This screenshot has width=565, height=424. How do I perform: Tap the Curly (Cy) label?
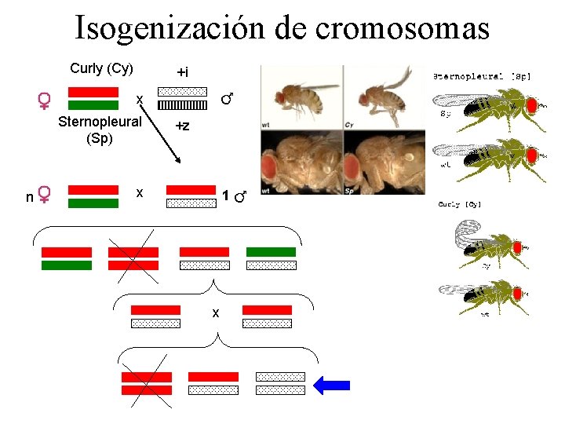click(101, 68)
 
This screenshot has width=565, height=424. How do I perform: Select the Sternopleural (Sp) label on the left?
click(100, 130)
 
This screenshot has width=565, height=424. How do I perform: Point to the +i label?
click(182, 72)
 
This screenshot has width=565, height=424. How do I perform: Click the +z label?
click(182, 126)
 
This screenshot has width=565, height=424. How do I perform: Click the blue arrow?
click(332, 385)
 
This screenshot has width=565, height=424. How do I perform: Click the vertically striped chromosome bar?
click(182, 104)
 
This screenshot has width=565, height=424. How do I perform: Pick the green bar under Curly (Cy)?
click(93, 105)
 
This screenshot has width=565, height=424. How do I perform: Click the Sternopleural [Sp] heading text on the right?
click(482, 76)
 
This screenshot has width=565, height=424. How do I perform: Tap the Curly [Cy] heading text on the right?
click(460, 205)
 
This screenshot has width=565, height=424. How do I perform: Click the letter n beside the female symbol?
click(29, 197)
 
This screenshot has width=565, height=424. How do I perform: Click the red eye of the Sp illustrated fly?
click(530, 105)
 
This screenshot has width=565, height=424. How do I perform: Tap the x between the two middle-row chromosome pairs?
click(215, 314)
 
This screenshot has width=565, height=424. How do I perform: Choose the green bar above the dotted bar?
click(271, 252)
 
